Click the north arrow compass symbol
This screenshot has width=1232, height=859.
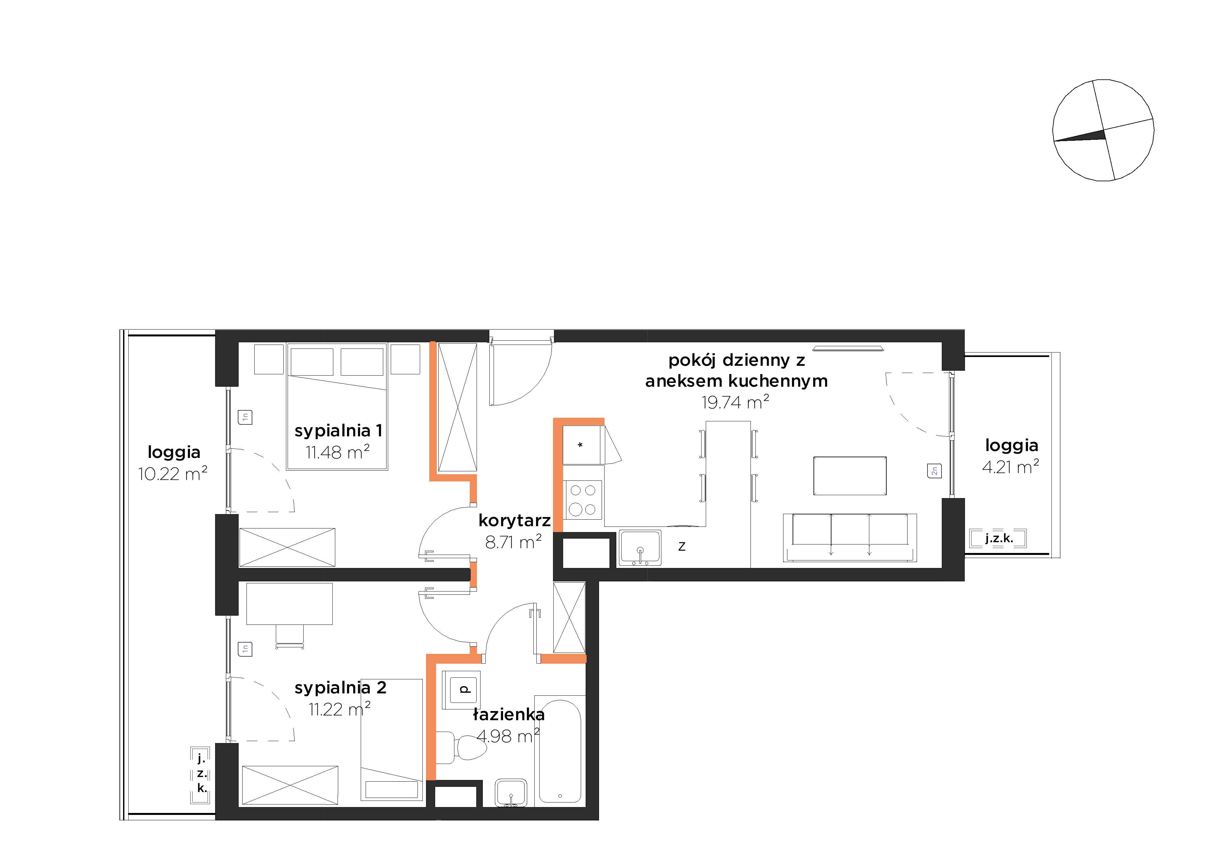(x=1103, y=130)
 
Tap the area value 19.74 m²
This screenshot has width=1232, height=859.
(x=735, y=402)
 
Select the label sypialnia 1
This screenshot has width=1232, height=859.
(x=338, y=430)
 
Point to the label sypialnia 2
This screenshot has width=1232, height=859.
(x=340, y=688)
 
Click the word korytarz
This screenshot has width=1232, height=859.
(x=514, y=520)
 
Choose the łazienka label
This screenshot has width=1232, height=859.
(x=509, y=715)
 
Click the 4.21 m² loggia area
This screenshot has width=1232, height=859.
(x=1010, y=466)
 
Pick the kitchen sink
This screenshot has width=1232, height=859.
(x=640, y=548)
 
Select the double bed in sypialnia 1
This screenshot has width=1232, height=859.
(x=337, y=406)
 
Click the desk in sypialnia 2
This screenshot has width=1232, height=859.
(x=289, y=604)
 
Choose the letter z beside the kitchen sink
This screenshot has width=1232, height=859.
(x=682, y=546)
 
